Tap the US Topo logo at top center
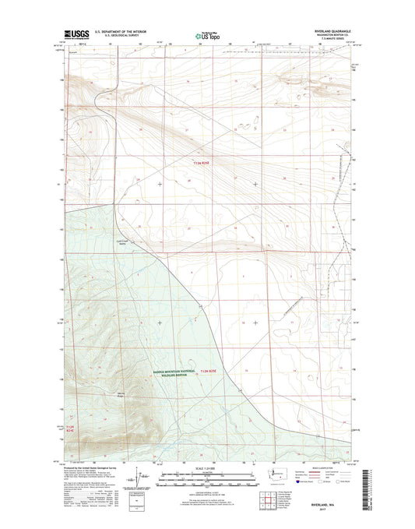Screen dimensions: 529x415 pyautogui.click(x=207, y=34)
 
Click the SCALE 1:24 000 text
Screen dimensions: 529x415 pyautogui.click(x=206, y=468)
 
